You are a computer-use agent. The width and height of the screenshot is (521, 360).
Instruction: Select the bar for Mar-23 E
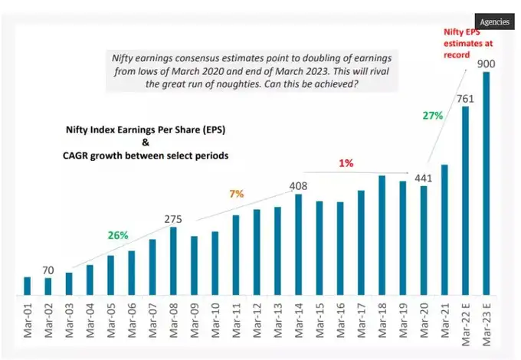pos(485,184)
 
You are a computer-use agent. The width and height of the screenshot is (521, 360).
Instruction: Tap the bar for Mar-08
pos(174,260)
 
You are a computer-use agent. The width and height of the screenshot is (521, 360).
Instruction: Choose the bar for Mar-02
pos(49,286)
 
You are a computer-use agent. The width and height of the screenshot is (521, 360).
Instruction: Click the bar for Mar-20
pos(424,241)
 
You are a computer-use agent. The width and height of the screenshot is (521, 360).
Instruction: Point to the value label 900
pos(485,64)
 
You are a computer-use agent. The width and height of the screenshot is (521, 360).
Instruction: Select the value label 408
pos(299,185)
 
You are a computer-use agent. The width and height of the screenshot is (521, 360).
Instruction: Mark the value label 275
pos(174,219)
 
